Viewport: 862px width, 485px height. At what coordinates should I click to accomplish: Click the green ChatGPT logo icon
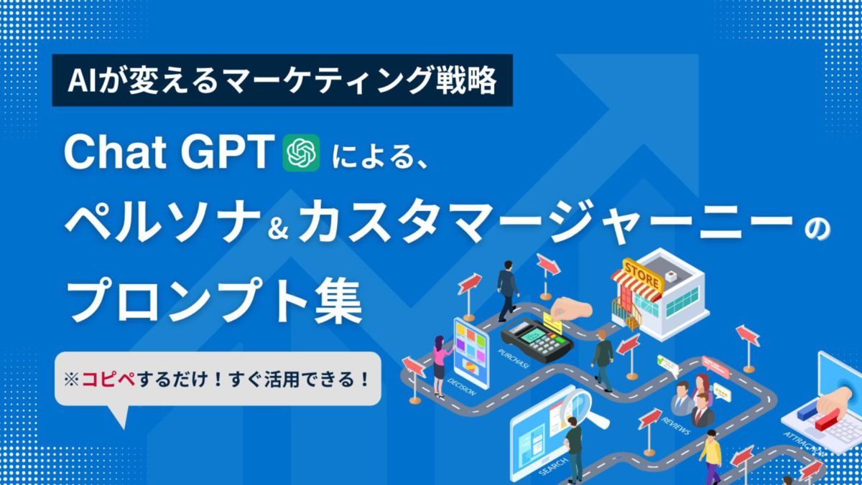click(301, 153)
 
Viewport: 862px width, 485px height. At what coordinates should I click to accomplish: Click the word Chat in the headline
click(115, 152)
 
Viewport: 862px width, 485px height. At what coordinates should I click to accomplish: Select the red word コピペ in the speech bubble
click(108, 380)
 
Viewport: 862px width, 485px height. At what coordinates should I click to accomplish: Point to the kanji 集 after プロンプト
click(338, 301)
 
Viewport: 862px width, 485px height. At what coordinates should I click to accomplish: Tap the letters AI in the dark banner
click(82, 80)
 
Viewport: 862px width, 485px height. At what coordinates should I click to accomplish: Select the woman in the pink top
click(440, 366)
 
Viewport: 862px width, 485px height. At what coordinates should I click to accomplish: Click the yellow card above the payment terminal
click(553, 322)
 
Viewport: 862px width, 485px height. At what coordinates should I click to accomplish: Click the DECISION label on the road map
click(462, 387)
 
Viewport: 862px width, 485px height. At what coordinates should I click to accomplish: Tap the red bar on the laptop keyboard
click(827, 419)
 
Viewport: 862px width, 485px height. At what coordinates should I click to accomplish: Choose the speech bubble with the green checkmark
click(667, 365)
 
